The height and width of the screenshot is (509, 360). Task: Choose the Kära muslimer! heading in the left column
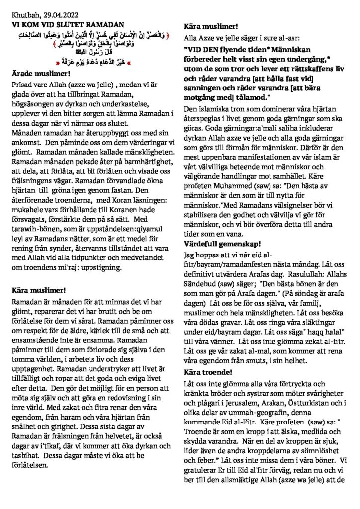click(38, 289)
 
